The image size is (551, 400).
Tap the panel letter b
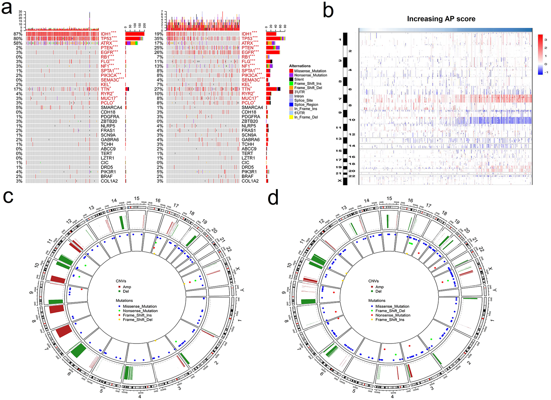click(328, 11)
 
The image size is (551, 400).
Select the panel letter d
click(273, 198)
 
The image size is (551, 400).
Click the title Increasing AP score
click(441, 19)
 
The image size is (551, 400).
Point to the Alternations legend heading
click(300, 66)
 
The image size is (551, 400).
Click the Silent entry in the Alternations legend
click(299, 79)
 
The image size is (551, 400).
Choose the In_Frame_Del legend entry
click(306, 117)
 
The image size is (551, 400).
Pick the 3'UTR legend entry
click(300, 92)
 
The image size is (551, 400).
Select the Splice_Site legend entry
click(303, 101)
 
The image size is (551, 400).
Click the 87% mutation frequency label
click(18, 34)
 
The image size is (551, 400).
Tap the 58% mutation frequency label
click(18, 43)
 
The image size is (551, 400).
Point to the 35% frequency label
click(159, 39)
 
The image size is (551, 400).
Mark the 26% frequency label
click(159, 53)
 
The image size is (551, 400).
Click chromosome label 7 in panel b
click(340, 99)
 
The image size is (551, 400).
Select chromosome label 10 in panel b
click(352, 120)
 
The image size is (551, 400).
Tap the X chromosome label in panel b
click(340, 181)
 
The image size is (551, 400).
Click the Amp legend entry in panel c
click(127, 287)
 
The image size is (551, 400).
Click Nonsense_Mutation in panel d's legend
click(393, 315)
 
